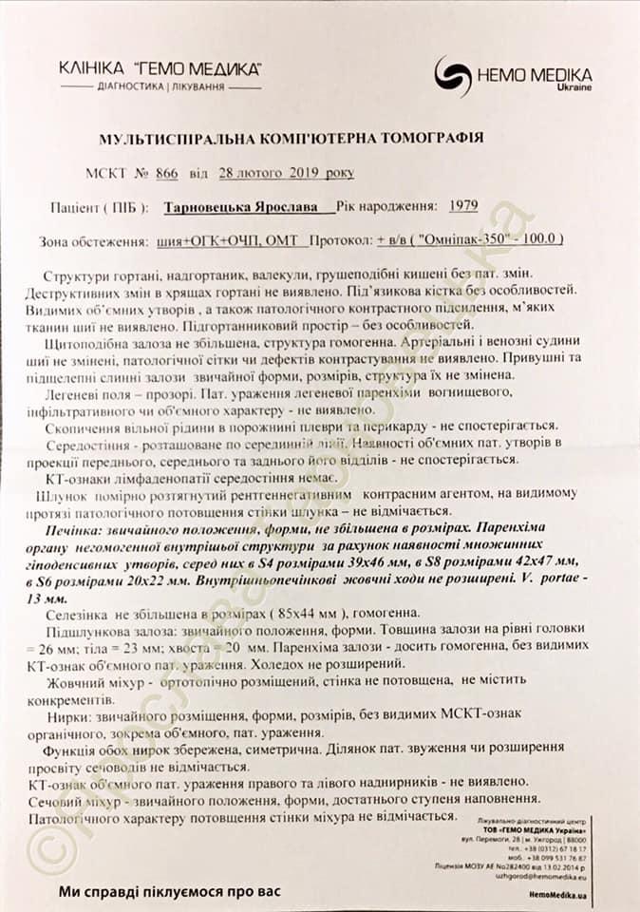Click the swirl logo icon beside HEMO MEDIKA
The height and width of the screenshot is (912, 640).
click(453, 73)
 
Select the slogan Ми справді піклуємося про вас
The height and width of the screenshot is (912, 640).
click(171, 891)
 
